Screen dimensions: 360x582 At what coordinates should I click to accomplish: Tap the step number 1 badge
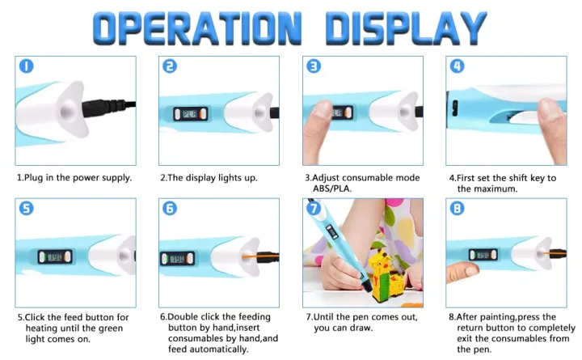27,66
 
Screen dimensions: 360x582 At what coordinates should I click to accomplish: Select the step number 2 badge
170,66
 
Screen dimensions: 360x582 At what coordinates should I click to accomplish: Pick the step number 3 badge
314,66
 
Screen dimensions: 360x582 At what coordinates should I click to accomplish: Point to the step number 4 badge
458,66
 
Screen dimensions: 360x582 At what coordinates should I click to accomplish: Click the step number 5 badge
27,208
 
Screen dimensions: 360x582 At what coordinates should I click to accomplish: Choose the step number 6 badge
170,208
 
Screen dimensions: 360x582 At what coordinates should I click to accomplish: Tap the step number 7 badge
314,208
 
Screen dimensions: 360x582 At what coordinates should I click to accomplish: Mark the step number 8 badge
458,208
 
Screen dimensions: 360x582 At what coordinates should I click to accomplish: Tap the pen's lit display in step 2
187,114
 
